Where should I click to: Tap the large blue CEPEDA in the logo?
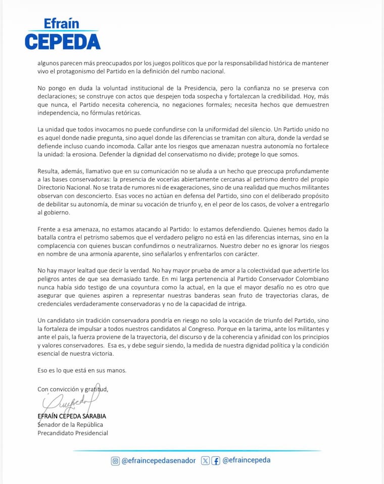click(62, 41)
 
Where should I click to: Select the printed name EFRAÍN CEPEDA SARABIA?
click(72, 416)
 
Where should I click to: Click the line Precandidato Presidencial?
click(73, 433)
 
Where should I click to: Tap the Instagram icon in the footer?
click(115, 460)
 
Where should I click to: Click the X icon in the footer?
click(205, 460)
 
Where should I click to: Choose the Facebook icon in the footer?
click(216, 460)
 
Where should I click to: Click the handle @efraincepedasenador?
click(159, 460)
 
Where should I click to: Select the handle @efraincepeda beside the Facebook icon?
click(247, 460)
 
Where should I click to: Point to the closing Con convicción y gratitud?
click(73, 389)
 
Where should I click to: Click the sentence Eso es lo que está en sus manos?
click(82, 370)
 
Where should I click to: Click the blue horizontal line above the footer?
click(192, 450)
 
